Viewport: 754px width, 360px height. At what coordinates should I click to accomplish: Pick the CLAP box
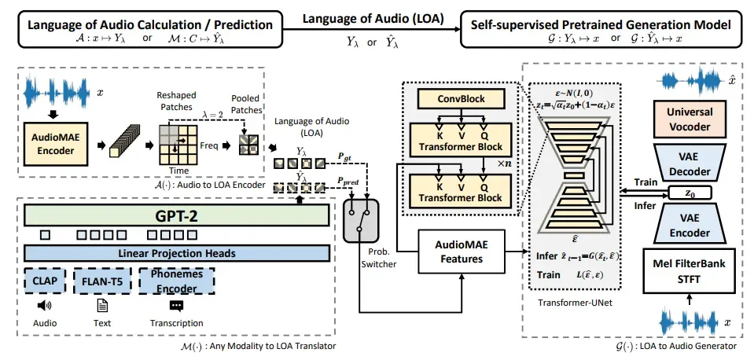[x=45, y=280]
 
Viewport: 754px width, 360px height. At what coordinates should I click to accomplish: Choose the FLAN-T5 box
[x=101, y=280]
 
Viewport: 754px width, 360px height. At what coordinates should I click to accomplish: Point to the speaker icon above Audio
[x=44, y=306]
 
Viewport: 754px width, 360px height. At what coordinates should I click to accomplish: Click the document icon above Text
[x=101, y=306]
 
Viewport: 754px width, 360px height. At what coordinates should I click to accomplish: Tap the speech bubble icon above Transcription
[x=176, y=306]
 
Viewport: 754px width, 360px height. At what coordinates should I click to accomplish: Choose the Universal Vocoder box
[x=690, y=119]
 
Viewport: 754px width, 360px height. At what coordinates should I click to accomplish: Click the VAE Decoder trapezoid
[x=690, y=163]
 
